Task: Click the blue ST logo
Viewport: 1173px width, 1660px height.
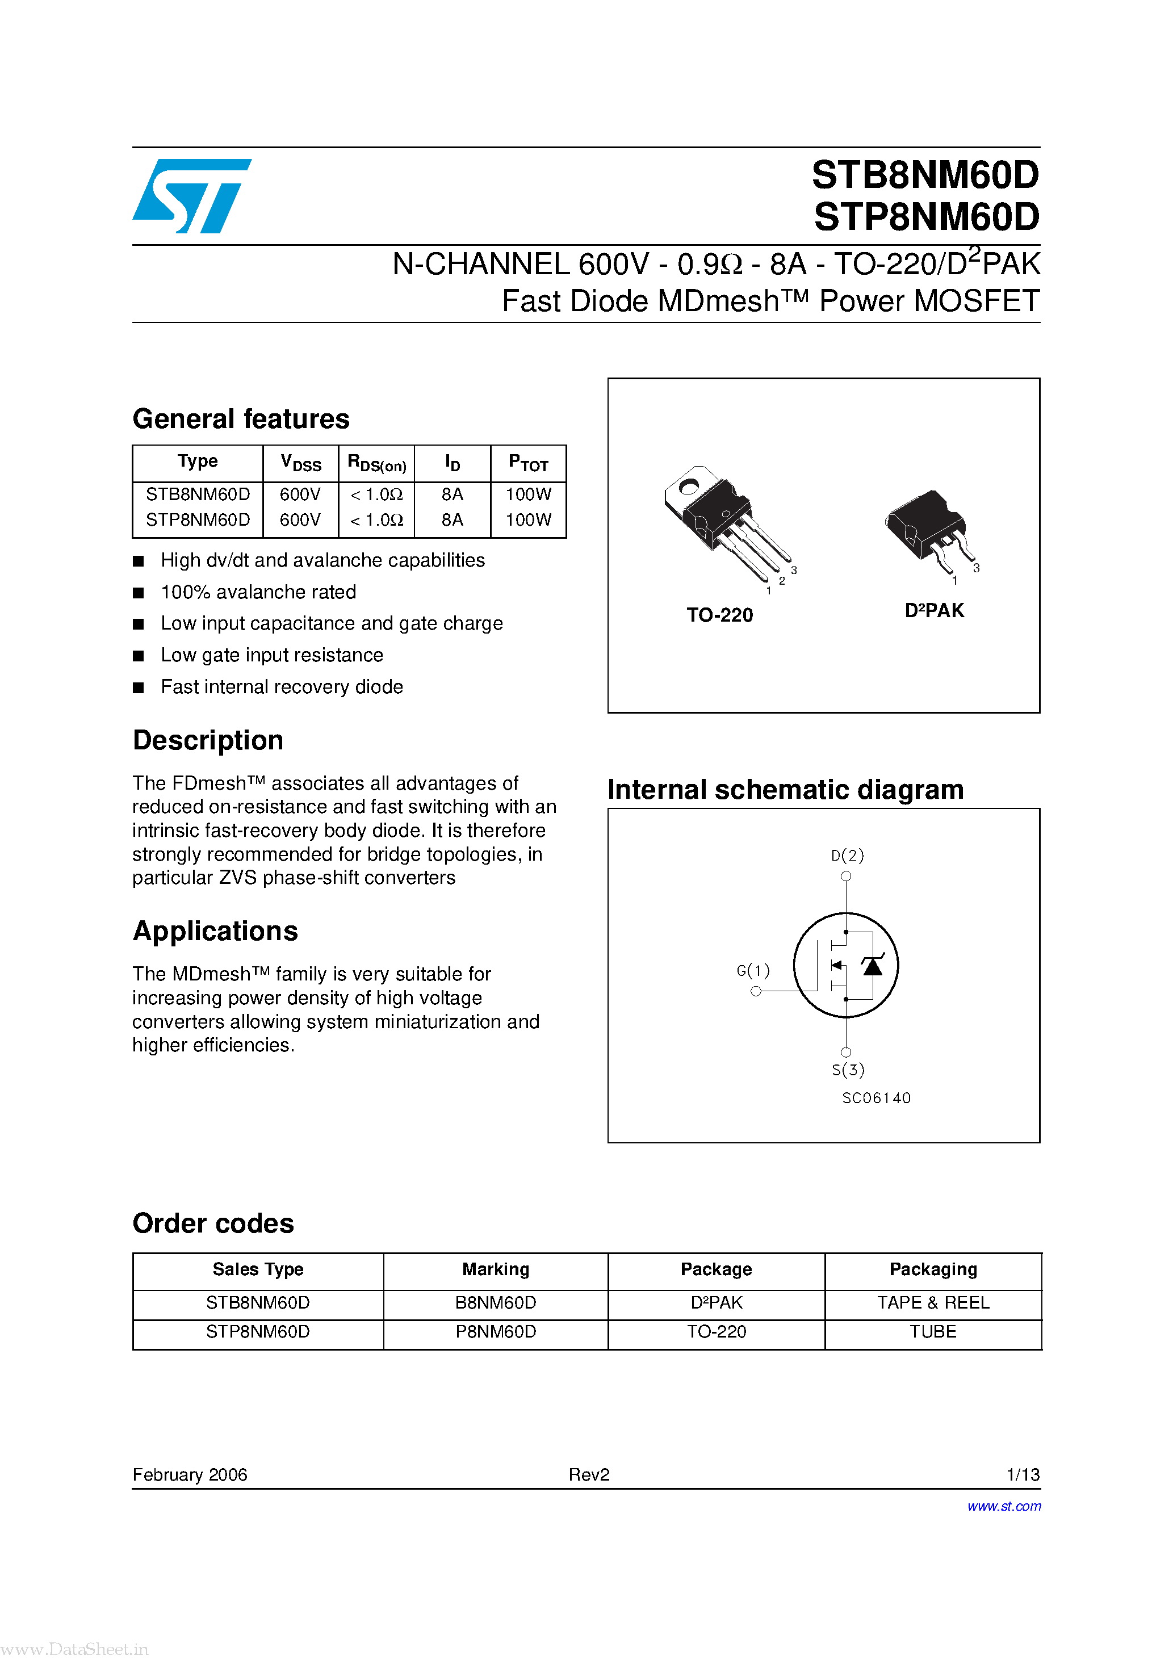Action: point(192,196)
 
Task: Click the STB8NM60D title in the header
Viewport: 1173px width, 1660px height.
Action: point(925,175)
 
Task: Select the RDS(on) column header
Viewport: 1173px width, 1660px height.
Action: point(377,463)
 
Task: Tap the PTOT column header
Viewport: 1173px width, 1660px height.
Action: point(528,463)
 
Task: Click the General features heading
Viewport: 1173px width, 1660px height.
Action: point(241,420)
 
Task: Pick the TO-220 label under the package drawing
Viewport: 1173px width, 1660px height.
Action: point(719,615)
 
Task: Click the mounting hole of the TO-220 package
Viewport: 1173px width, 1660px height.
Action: point(689,487)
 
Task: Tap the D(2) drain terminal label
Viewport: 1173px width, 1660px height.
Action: point(848,856)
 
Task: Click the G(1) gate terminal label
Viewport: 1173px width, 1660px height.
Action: point(753,970)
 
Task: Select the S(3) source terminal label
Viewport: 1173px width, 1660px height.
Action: point(848,1070)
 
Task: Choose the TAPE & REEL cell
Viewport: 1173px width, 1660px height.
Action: point(933,1303)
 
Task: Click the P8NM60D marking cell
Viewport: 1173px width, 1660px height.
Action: point(496,1332)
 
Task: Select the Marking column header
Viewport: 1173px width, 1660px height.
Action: point(496,1269)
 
